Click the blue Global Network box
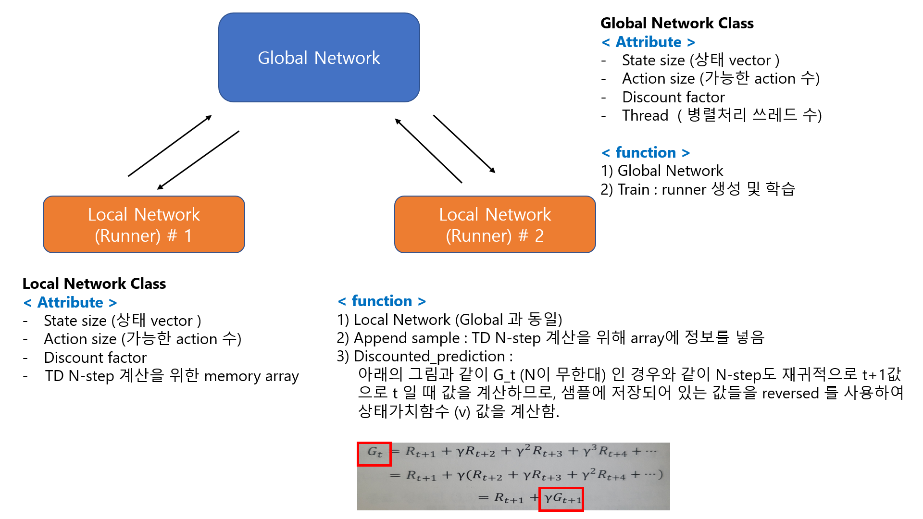(319, 58)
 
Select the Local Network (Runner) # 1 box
(144, 224)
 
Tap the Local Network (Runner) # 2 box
(495, 224)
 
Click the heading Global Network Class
(677, 23)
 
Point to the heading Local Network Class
(94, 284)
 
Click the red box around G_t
(374, 454)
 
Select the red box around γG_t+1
(561, 499)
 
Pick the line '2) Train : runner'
(698, 189)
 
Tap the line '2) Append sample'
(550, 338)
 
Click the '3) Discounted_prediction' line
(425, 356)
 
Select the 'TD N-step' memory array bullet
(172, 376)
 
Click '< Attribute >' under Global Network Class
(649, 42)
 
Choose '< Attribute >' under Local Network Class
(70, 302)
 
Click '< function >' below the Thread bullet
(646, 152)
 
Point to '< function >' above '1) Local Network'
(382, 301)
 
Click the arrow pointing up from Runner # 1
(170, 146)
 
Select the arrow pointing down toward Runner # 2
(464, 143)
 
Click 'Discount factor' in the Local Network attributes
(95, 358)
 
